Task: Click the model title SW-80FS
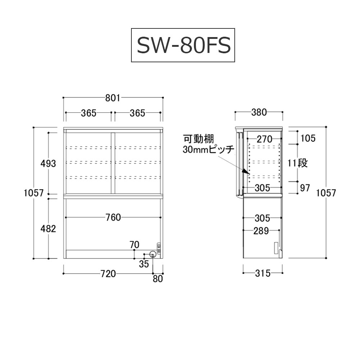[x=184, y=45]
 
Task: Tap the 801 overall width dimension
[x=113, y=98]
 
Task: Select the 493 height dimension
[x=48, y=163]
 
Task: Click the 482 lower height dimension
[x=48, y=229]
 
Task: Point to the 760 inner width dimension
[x=113, y=217]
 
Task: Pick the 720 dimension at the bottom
[x=108, y=274]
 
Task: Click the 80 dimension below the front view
[x=158, y=279]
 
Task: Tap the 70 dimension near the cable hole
[x=135, y=245]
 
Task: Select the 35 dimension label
[x=144, y=264]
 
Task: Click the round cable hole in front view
[x=153, y=254]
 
